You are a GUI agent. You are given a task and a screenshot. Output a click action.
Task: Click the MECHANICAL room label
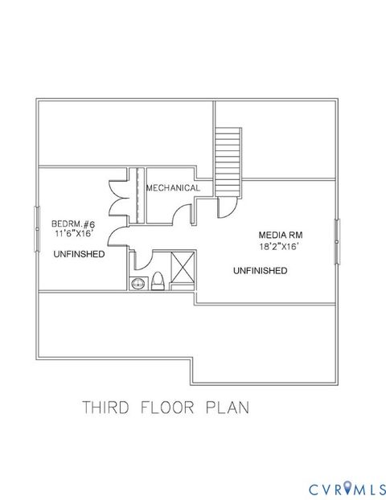click(172, 188)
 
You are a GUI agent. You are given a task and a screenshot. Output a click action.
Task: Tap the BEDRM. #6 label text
click(73, 223)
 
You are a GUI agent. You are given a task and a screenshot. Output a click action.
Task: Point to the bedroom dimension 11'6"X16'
click(74, 234)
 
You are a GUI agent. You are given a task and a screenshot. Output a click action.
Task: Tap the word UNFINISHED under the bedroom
click(79, 254)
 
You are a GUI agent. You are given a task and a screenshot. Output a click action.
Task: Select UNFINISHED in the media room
click(260, 271)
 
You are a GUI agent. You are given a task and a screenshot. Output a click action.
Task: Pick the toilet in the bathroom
click(158, 280)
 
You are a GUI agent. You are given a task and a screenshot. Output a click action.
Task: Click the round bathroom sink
click(137, 281)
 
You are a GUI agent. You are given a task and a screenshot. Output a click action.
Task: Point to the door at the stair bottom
click(227, 207)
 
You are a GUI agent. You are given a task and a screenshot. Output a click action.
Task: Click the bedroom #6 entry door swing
click(117, 235)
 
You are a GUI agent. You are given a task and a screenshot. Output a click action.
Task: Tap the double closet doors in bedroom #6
click(118, 195)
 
